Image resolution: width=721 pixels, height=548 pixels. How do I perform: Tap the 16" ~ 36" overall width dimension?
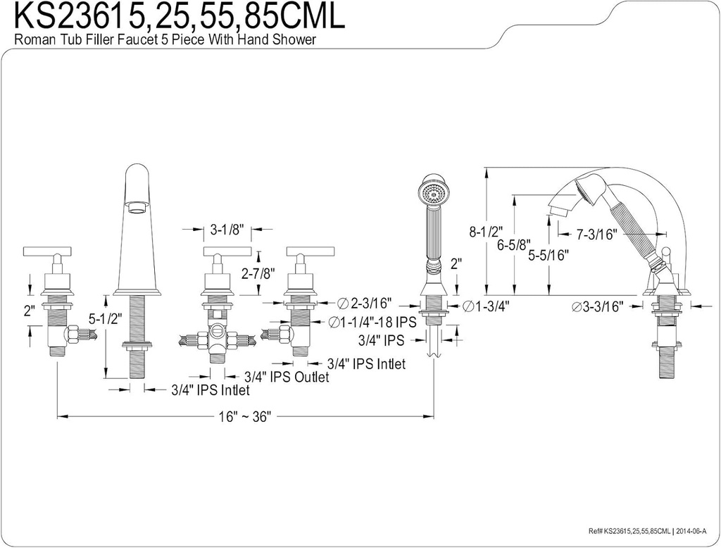(x=244, y=416)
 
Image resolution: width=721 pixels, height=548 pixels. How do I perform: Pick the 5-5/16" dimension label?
(x=548, y=256)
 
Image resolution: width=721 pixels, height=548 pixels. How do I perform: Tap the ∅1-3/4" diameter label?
(x=487, y=306)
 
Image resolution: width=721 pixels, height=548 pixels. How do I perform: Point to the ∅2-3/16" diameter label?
(x=365, y=304)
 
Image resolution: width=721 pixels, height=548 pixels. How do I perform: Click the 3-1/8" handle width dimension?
(x=227, y=230)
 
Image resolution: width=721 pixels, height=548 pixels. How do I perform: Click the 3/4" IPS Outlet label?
(x=287, y=378)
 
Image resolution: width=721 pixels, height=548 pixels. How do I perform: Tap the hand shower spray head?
(x=431, y=191)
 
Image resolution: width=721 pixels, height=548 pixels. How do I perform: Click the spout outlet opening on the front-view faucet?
(x=137, y=206)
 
